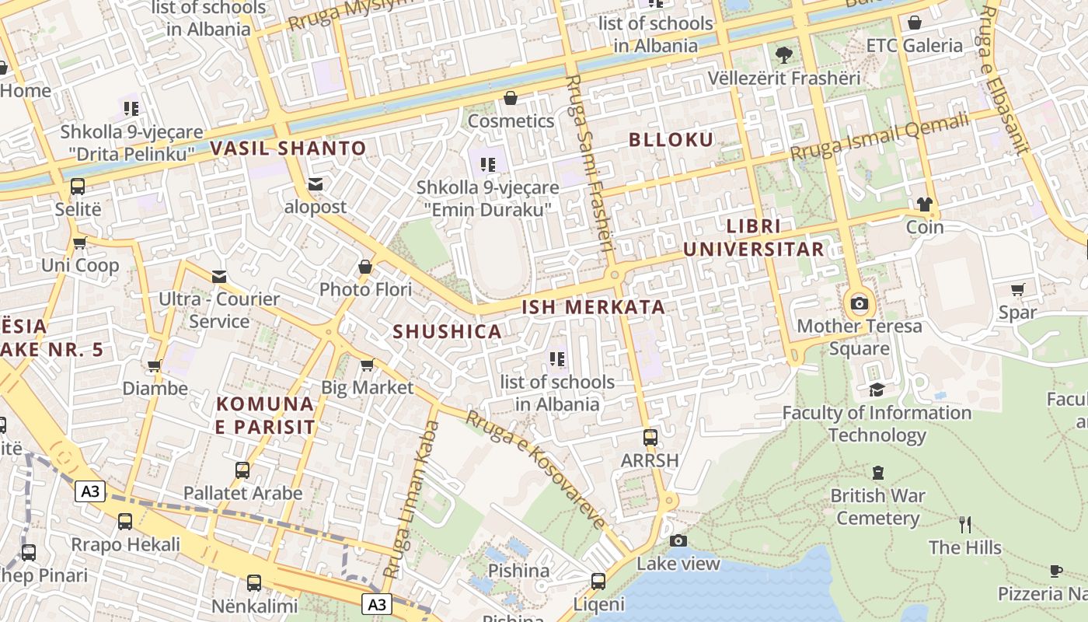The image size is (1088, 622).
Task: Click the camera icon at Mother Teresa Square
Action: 859,304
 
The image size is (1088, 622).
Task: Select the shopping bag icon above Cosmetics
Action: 511,98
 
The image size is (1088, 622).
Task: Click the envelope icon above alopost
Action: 316,184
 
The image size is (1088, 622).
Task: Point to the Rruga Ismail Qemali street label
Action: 880,136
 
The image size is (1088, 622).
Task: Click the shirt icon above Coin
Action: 924,204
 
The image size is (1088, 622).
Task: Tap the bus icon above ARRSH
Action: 650,438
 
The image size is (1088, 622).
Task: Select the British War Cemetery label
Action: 877,506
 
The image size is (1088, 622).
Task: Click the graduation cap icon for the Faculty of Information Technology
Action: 877,390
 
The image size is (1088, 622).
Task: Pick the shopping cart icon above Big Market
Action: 368,365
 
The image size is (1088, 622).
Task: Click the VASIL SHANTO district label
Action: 288,148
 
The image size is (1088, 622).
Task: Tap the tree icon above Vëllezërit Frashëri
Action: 783,55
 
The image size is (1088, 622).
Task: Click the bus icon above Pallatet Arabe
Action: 242,470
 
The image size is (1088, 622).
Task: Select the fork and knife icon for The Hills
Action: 965,525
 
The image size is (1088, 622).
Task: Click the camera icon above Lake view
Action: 678,540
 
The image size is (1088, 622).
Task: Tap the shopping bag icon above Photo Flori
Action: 365,267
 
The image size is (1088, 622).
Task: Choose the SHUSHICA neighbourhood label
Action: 447,331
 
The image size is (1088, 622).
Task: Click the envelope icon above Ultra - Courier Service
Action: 219,276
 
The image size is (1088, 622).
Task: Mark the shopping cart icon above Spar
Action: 1017,290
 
